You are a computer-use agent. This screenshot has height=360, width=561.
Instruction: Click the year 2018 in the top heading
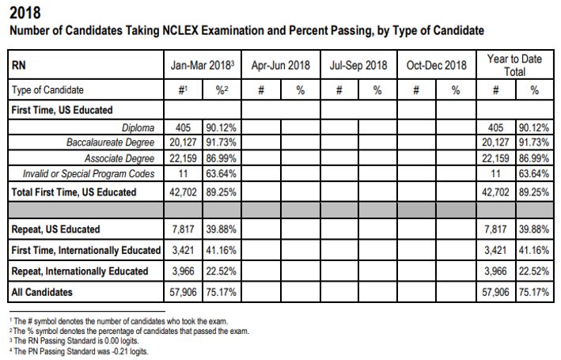(25, 13)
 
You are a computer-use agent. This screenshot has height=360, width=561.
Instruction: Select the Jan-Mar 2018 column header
(203, 65)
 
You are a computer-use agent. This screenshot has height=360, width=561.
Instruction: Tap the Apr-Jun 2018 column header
(280, 65)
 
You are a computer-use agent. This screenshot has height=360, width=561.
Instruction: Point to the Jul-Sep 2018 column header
(358, 65)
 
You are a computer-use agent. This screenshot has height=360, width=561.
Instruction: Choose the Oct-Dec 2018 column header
(437, 65)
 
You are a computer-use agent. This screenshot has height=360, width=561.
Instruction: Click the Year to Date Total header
(514, 65)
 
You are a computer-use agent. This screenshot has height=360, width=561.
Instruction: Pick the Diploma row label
(138, 127)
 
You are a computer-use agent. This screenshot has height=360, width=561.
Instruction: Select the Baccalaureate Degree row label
(111, 142)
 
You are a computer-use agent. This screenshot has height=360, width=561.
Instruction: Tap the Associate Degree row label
(119, 158)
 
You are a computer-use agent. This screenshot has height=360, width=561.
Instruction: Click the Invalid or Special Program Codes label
(89, 174)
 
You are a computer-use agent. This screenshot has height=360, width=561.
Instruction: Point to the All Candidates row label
(42, 292)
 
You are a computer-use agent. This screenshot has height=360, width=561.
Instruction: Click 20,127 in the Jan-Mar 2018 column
(183, 142)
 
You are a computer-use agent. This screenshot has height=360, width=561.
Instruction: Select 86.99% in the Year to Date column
(534, 158)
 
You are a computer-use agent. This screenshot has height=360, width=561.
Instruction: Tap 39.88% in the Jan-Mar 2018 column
(221, 229)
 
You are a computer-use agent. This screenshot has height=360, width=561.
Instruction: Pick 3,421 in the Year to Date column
(495, 250)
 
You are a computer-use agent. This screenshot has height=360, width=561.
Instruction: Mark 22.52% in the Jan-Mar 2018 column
(221, 271)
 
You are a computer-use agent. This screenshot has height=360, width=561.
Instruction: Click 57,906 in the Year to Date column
(495, 292)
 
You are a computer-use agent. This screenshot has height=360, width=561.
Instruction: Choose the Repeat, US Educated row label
(55, 229)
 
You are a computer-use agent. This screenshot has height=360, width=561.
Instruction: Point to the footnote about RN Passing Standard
(74, 341)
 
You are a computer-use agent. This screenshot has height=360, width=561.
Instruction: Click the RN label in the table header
(19, 65)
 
